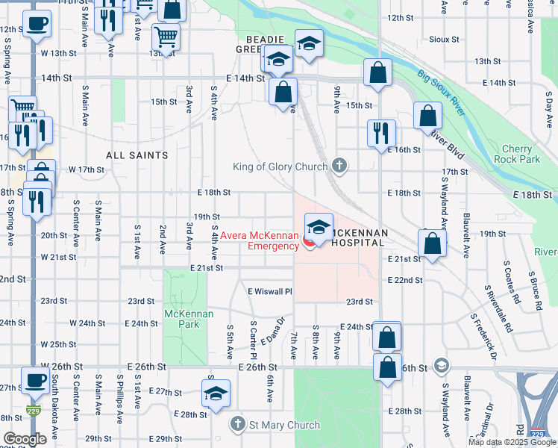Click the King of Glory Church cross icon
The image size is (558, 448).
click(339, 166)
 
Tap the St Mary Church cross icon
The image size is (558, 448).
click(238, 425)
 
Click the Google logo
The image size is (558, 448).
click(25, 439)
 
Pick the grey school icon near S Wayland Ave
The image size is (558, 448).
click(442, 365)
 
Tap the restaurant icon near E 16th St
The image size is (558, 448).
click(380, 132)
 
